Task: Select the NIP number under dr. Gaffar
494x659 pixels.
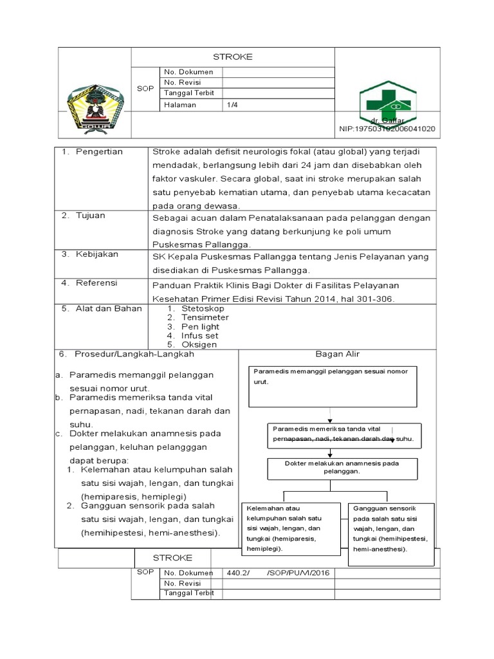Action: pyautogui.click(x=387, y=129)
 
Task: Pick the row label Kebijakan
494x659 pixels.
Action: pyautogui.click(x=96, y=254)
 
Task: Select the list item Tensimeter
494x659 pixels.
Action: pyautogui.click(x=205, y=317)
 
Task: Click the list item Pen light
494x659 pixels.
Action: pyautogui.click(x=200, y=326)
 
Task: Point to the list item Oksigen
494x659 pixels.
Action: pyautogui.click(x=199, y=344)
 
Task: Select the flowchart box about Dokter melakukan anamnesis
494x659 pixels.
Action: pyautogui.click(x=342, y=467)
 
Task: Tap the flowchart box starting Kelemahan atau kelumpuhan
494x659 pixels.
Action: pyautogui.click(x=290, y=528)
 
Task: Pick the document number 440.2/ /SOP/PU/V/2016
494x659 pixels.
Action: pyautogui.click(x=278, y=572)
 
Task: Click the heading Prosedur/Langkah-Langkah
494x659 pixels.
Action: pyautogui.click(x=134, y=354)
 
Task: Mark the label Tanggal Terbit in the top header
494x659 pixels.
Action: pyautogui.click(x=190, y=93)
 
